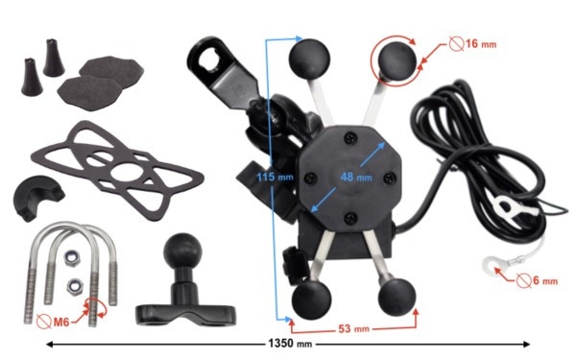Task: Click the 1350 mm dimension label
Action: coord(290,344)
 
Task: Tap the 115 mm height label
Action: coord(275,177)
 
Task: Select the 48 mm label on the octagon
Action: coord(356,177)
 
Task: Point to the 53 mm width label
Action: coord(353,328)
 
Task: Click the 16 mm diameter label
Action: coord(481,44)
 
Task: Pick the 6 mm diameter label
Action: coord(545,280)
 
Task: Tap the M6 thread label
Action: coord(61,323)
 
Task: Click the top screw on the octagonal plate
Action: coord(350,138)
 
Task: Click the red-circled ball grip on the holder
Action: coord(397,60)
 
